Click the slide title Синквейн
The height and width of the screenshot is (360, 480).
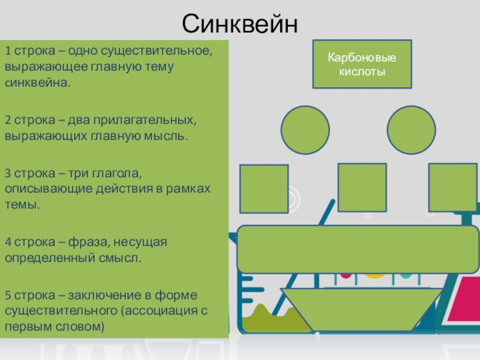pyautogui.click(x=240, y=25)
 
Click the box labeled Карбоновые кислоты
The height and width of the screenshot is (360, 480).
pyautogui.click(x=361, y=64)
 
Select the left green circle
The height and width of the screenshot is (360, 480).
pyautogui.click(x=305, y=130)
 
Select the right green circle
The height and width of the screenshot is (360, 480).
pyautogui.click(x=411, y=130)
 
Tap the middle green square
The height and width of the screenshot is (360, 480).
pyautogui.click(x=362, y=187)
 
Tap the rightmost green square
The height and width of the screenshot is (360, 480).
pyautogui.click(x=452, y=187)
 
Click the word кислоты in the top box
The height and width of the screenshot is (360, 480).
pyautogui.click(x=361, y=71)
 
